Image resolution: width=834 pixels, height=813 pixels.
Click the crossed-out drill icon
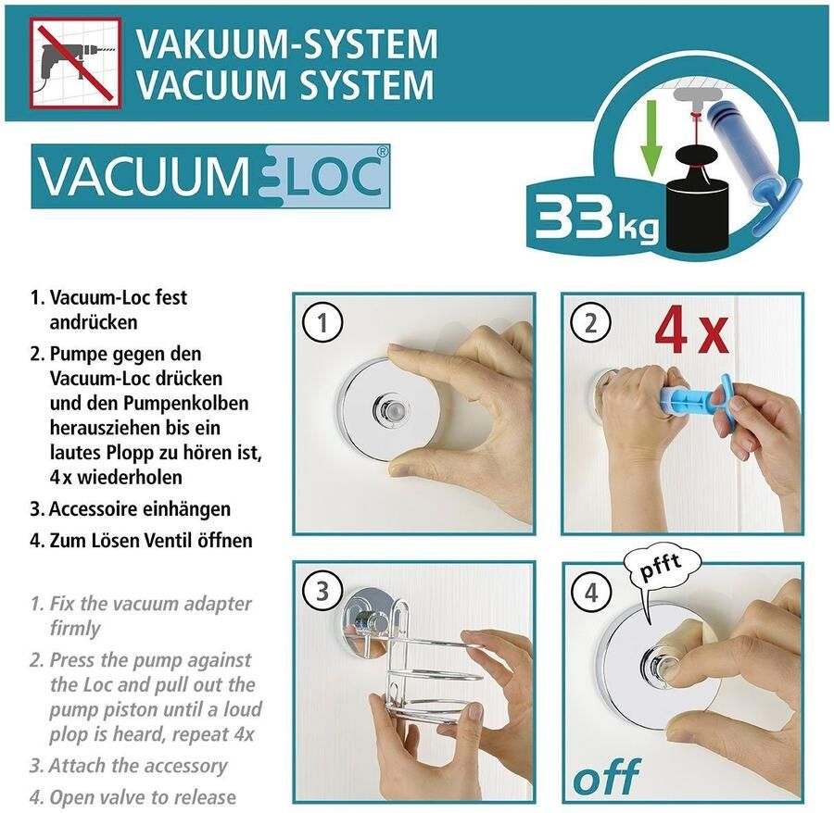tap(76, 63)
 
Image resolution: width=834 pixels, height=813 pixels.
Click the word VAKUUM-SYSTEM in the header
tap(286, 44)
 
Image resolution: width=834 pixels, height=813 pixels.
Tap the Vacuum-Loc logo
tap(210, 176)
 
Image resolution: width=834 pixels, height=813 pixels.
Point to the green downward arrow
tap(650, 138)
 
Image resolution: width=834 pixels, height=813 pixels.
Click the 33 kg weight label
tap(597, 218)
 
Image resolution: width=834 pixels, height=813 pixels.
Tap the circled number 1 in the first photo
tap(322, 322)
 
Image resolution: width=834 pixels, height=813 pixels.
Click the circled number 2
tap(591, 322)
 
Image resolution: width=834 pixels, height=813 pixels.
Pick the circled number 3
tap(322, 592)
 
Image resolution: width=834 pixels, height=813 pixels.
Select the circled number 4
tap(591, 592)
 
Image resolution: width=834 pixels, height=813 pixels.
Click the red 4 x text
tap(692, 332)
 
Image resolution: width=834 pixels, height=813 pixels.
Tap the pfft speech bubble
tap(661, 574)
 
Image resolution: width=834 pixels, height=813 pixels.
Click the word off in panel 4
tap(607, 776)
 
